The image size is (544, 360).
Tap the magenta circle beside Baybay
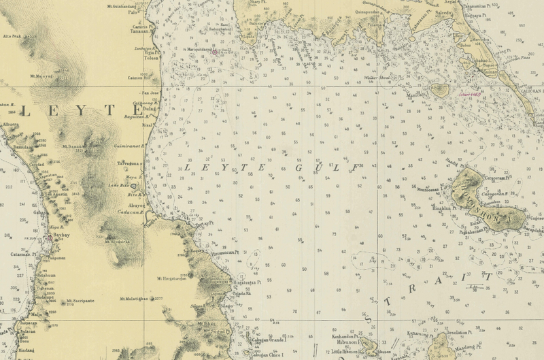tap(49, 238)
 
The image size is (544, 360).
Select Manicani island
tap(439, 89)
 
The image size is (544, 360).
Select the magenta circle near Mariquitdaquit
tap(215, 52)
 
